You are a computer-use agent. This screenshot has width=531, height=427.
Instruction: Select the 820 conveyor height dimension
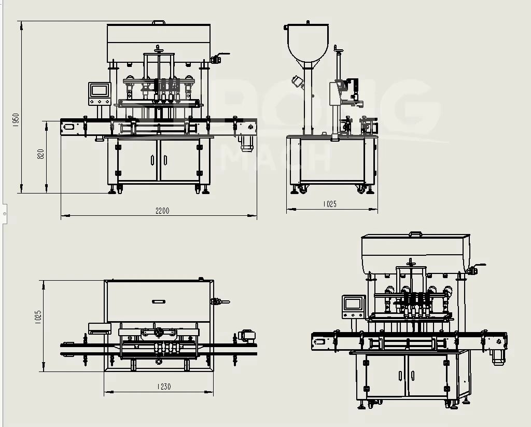pyautogui.click(x=41, y=154)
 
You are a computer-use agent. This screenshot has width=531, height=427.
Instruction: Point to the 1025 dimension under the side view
pyautogui.click(x=330, y=204)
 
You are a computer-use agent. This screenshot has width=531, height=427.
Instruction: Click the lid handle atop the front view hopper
pyautogui.click(x=159, y=22)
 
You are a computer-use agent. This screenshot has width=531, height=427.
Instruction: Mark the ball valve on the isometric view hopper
pyautogui.click(x=474, y=269)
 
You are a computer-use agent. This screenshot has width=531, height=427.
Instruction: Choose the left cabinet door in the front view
pyautogui.click(x=137, y=160)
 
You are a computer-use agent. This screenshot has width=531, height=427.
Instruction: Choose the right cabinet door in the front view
pyautogui.click(x=179, y=160)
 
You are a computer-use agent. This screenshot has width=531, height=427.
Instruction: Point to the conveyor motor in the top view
pyautogui.click(x=246, y=336)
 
